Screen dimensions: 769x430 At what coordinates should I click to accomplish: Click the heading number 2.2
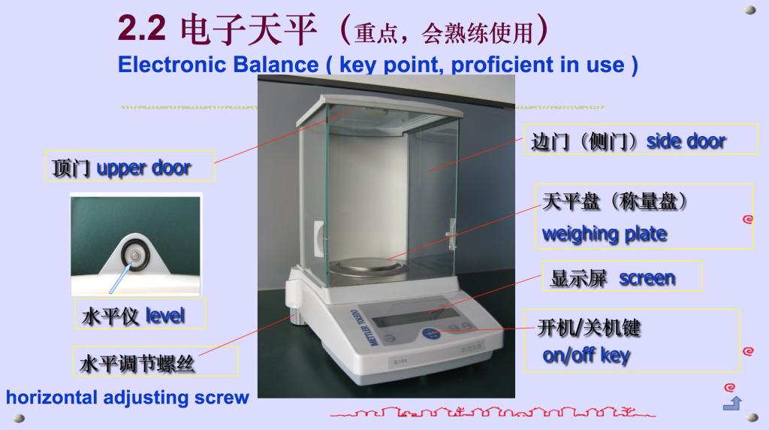click(142, 29)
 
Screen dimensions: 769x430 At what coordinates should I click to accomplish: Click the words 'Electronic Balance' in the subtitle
click(219, 65)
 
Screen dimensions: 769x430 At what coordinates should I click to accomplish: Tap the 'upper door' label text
click(143, 168)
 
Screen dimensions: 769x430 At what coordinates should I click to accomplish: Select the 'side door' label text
click(686, 141)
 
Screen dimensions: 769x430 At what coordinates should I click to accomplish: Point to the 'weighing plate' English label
click(605, 234)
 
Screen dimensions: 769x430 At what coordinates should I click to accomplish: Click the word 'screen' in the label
click(647, 278)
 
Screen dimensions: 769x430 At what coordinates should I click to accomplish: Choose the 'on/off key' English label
click(586, 355)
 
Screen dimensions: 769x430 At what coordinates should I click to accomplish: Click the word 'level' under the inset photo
click(165, 316)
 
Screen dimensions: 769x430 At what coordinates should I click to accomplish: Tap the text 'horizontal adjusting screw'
click(128, 397)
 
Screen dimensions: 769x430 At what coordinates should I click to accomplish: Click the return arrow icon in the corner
click(733, 403)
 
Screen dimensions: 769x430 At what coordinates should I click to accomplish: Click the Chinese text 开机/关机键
click(589, 328)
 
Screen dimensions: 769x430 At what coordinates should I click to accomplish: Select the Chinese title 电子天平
click(248, 29)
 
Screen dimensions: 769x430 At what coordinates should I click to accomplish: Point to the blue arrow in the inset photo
click(120, 278)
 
